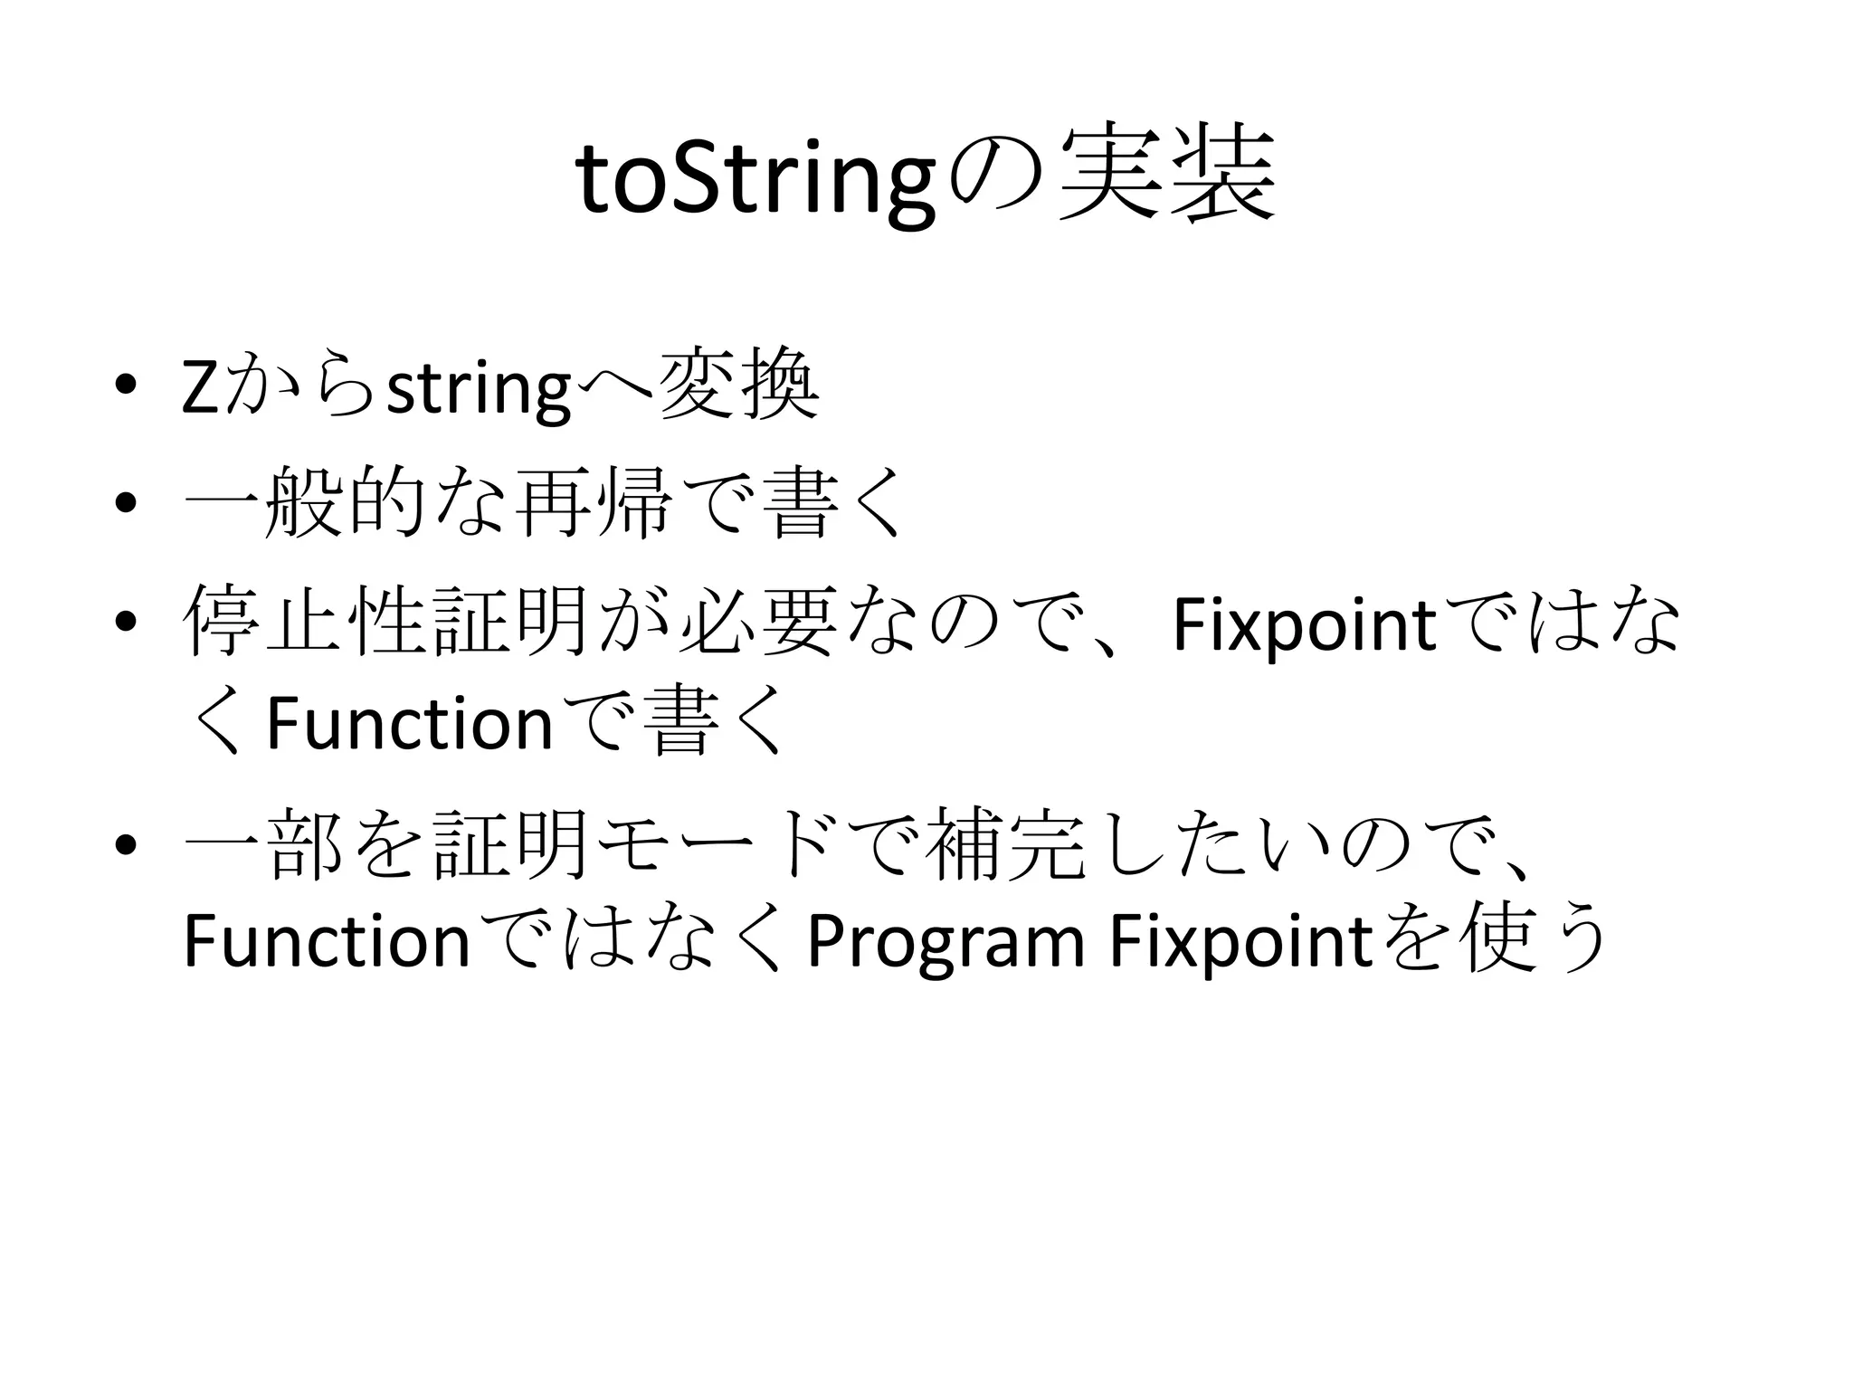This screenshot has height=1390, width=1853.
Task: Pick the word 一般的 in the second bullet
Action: point(304,500)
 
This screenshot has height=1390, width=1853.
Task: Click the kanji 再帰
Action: point(592,500)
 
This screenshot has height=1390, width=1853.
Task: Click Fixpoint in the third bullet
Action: point(1304,624)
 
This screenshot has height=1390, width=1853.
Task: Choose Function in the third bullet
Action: point(409,723)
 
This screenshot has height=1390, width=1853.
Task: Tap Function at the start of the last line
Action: point(326,941)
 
